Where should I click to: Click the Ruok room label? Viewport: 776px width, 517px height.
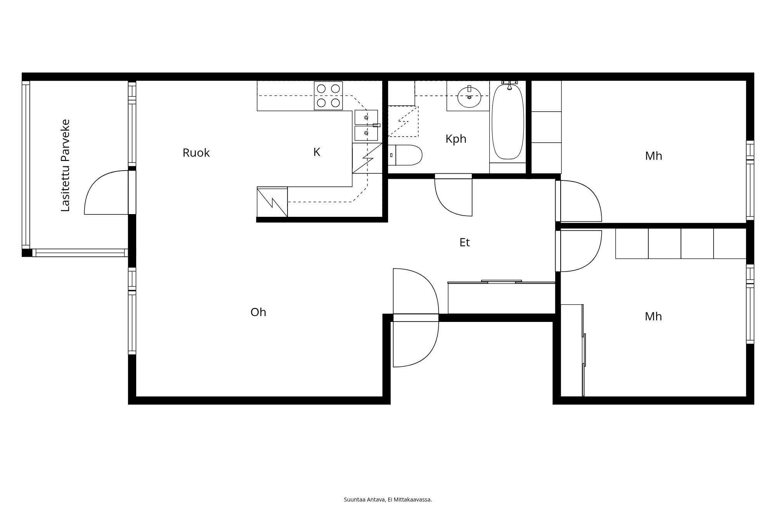click(196, 153)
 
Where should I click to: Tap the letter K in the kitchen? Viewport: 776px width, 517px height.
click(317, 152)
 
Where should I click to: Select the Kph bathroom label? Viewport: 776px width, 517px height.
click(456, 139)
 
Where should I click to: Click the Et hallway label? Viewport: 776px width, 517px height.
click(464, 243)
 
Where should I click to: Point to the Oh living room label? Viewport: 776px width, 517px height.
click(258, 312)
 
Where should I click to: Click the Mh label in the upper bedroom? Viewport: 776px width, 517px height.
click(653, 156)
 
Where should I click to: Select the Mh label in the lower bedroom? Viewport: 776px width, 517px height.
click(653, 317)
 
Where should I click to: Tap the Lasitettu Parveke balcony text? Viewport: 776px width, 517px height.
click(66, 166)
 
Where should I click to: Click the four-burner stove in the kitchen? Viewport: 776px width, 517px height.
click(328, 96)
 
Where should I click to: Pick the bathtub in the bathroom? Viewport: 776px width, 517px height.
click(508, 122)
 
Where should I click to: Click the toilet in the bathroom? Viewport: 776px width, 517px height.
click(405, 155)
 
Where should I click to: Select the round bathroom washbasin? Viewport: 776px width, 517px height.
click(469, 97)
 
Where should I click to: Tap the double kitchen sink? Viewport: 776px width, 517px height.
click(366, 125)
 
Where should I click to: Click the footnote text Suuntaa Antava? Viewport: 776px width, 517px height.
click(388, 500)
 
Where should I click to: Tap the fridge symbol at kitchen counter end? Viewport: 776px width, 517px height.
click(272, 202)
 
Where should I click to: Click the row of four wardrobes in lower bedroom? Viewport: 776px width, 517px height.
click(681, 244)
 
